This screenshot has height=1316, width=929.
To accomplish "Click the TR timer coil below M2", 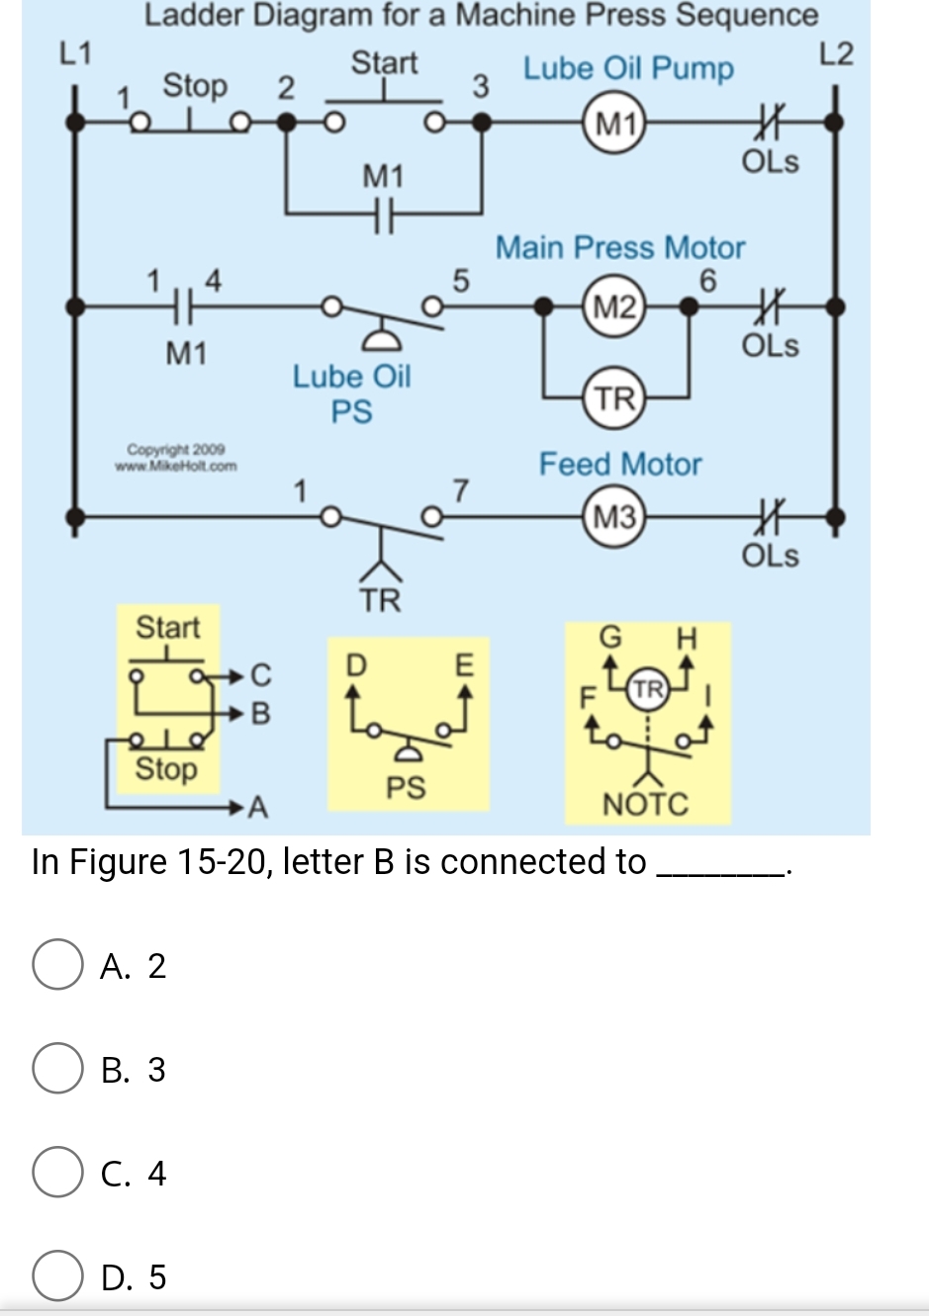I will [615, 398].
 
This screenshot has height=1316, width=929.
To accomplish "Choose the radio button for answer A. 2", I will [57, 965].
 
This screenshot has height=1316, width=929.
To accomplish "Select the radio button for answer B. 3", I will [57, 1069].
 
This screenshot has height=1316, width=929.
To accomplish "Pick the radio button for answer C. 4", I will [57, 1173].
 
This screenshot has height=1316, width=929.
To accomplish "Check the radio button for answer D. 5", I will [57, 1276].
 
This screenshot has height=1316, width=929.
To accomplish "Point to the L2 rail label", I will [836, 53].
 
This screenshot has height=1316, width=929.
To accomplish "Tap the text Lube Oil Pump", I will [628, 69].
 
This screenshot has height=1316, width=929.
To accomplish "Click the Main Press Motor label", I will [620, 247].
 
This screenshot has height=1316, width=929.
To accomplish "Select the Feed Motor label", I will [620, 464].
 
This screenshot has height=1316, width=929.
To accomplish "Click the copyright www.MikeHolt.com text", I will [176, 459].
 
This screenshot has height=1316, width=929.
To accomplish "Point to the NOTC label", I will [645, 805].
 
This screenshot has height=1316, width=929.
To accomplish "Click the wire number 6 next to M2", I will [707, 282].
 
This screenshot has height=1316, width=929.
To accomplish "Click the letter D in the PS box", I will [355, 662].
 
